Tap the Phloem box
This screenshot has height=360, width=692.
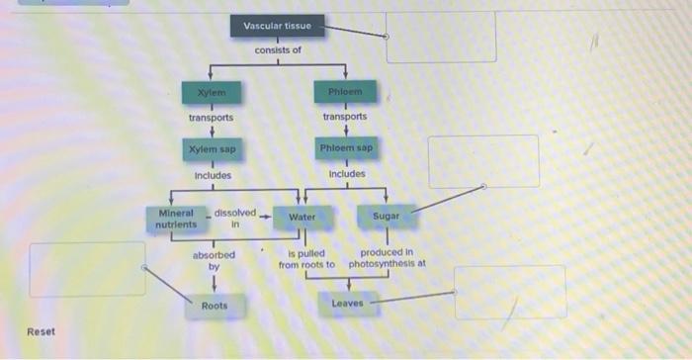(345, 92)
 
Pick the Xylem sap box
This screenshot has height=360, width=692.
(211, 149)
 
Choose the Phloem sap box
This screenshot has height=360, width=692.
(345, 147)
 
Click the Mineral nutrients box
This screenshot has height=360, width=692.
(176, 218)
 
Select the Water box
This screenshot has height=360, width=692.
(302, 217)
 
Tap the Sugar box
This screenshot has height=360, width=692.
(386, 215)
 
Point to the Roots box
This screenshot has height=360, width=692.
(215, 306)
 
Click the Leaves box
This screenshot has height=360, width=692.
(347, 302)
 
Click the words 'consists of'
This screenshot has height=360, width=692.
(278, 49)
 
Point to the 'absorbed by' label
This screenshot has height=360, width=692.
(214, 260)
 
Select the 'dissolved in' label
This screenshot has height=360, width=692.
(235, 218)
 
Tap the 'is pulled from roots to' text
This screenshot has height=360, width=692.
(306, 259)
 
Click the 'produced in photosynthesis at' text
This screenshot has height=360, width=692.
(387, 259)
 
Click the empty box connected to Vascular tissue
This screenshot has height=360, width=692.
(440, 37)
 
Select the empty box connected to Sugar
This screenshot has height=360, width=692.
(482, 161)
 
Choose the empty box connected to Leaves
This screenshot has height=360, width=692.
(509, 292)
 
